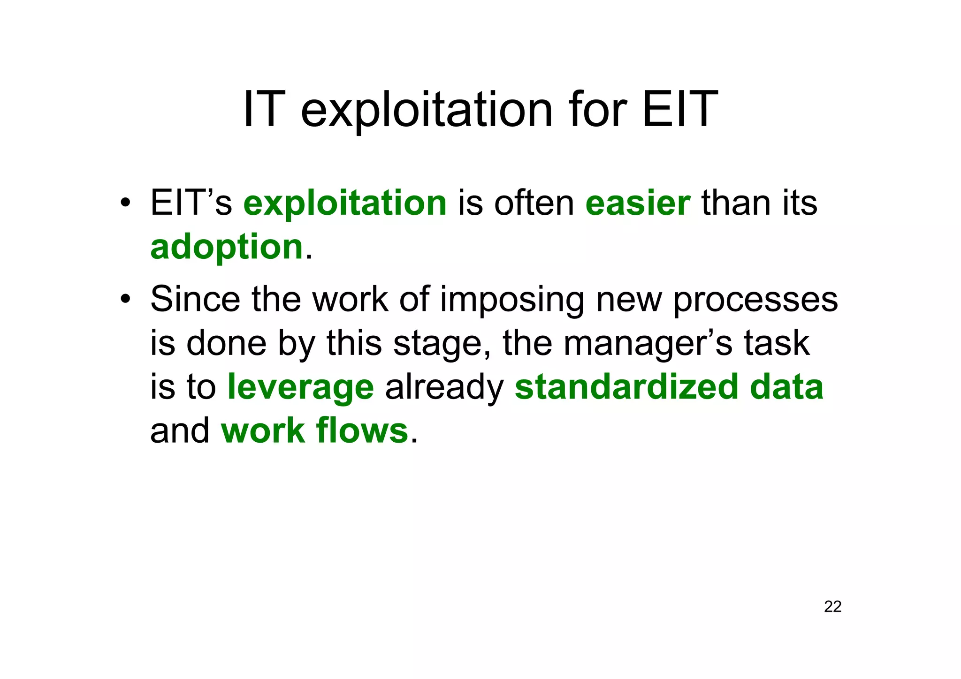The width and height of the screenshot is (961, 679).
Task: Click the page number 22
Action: click(x=832, y=607)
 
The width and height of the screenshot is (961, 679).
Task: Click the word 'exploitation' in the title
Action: click(x=427, y=111)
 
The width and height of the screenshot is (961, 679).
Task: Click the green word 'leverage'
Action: click(x=300, y=387)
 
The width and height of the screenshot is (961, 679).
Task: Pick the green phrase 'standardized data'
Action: click(x=669, y=387)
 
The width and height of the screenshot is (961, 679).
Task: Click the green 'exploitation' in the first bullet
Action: click(x=345, y=204)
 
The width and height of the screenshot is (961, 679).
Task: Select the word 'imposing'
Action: click(x=512, y=300)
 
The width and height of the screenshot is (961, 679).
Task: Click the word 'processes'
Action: click(x=755, y=300)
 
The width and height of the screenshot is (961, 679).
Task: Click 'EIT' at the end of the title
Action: click(x=679, y=111)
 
